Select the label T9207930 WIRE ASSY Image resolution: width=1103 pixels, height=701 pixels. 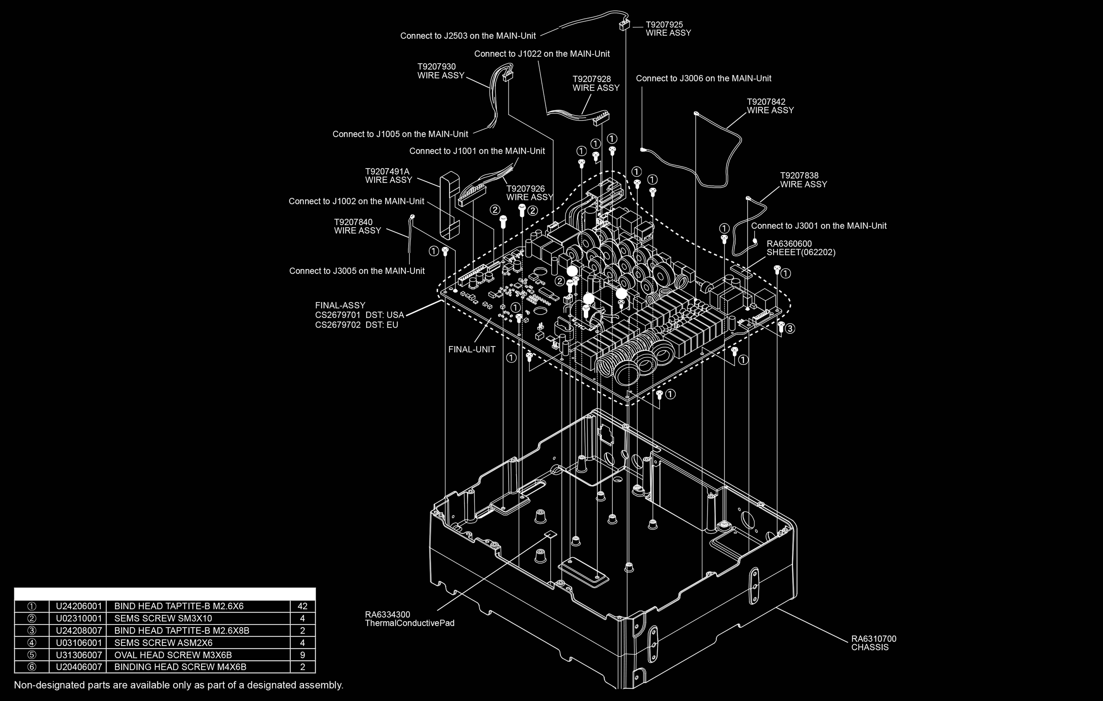tap(441, 71)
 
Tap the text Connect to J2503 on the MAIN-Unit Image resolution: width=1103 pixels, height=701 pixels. tap(468, 36)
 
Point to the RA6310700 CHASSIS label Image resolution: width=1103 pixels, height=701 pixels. tap(874, 643)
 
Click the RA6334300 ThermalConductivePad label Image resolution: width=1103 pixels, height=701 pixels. tap(409, 619)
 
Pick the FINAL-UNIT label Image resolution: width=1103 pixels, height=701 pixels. tap(471, 349)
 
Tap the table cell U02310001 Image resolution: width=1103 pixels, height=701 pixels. tap(79, 618)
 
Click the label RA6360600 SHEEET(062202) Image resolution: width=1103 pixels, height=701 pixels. tap(801, 248)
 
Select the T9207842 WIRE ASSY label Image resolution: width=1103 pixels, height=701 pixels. tap(770, 106)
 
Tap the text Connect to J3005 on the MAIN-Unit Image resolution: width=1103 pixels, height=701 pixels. tap(357, 271)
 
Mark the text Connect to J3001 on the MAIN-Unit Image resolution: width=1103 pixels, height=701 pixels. tap(819, 226)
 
